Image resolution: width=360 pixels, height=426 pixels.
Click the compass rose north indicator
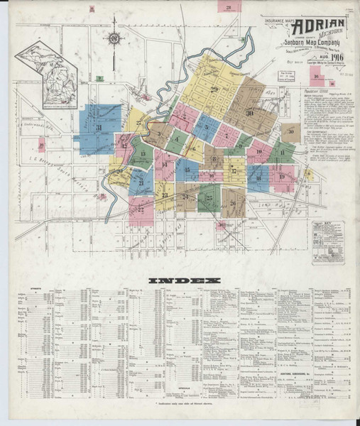tap(114, 38)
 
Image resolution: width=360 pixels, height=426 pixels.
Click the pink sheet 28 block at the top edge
tap(229, 9)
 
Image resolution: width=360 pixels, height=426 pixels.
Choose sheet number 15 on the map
tap(187, 170)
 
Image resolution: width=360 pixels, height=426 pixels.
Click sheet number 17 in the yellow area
tap(234, 170)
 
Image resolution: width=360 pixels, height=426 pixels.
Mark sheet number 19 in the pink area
tap(283, 176)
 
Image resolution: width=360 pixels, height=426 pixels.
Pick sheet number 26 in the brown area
tap(232, 203)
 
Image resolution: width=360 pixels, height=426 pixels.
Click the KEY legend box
tap(327, 241)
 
